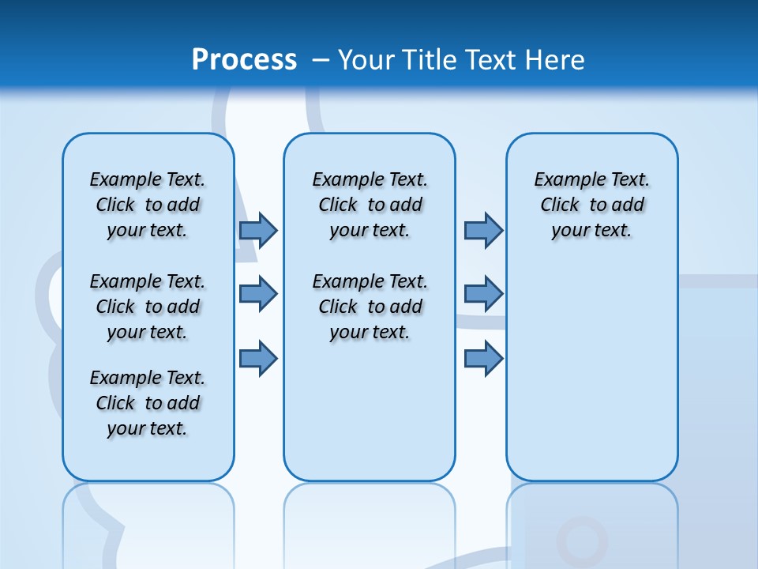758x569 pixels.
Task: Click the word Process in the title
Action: pos(244,59)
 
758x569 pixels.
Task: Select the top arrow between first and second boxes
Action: pos(258,230)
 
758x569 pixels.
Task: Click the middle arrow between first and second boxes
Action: pos(258,294)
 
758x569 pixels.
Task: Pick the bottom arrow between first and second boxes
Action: pos(258,359)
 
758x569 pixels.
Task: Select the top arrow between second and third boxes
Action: pos(483,230)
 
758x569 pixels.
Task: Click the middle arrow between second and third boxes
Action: pos(483,294)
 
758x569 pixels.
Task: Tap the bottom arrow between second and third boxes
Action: pos(483,359)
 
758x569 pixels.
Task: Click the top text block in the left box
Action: pos(148,205)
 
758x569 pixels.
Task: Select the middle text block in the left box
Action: pos(148,307)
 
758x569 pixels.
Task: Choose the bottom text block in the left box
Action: pos(148,403)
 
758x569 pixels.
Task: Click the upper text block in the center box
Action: pos(370,205)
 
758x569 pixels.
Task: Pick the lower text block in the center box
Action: pos(370,307)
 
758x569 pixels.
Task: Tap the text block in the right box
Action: pos(592,205)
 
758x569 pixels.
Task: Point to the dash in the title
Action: pos(321,60)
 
